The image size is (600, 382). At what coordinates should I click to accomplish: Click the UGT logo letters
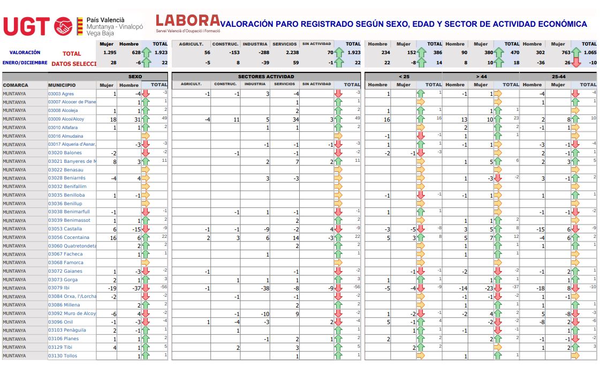tap(26, 26)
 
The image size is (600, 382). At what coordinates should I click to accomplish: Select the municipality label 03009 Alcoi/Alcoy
tap(66, 119)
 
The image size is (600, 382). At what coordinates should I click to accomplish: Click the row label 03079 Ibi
tap(59, 288)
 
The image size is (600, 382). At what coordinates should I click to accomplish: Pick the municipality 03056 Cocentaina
tap(69, 237)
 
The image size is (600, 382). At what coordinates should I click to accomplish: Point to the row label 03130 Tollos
tap(62, 356)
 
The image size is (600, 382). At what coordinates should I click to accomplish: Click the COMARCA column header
tap(16, 85)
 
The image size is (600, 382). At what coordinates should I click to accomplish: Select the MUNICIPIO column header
tap(62, 85)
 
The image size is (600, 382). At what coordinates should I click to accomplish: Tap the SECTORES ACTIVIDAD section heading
tap(266, 77)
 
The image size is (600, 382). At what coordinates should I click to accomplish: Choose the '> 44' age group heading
tap(481, 77)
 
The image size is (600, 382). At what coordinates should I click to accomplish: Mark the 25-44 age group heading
tap(558, 77)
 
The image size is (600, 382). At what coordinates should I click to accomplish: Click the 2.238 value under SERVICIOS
tap(292, 53)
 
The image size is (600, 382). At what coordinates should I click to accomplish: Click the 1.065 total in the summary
tap(589, 53)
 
